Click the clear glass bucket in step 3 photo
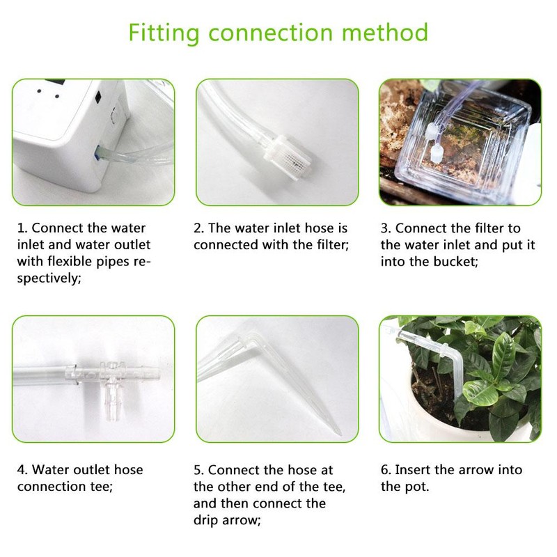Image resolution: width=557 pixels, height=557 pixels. click(446, 153)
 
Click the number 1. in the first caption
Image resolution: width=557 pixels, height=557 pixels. click(22, 228)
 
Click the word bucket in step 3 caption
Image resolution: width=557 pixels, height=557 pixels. click(445, 262)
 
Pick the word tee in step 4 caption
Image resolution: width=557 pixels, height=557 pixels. click(101, 486)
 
